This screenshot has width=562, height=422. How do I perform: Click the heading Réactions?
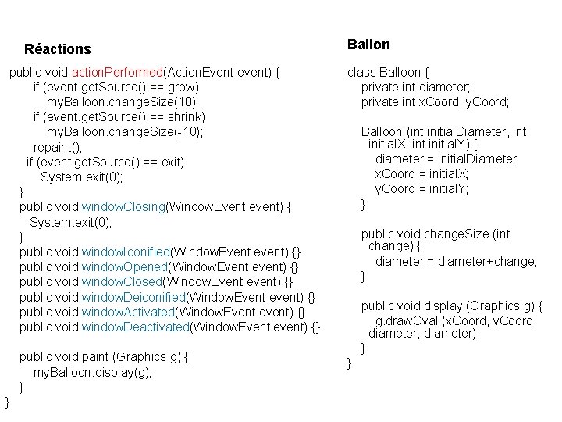tap(58, 49)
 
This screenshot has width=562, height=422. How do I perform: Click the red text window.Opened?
tap(125, 266)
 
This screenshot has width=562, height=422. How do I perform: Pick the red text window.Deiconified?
tap(133, 297)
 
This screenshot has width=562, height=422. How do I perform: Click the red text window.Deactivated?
tap(135, 327)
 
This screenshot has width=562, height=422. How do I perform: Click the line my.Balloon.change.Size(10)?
tap(123, 102)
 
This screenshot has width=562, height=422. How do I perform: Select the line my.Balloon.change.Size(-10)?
tap(125, 132)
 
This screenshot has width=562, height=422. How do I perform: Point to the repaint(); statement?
tap(58, 147)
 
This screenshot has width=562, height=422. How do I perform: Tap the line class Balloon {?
tap(389, 73)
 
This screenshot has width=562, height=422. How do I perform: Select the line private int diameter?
tap(415, 88)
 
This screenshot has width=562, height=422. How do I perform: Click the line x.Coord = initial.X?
tap(421, 174)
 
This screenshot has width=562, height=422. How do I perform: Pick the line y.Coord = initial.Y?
tap(421, 189)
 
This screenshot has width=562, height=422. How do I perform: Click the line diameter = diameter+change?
tap(456, 262)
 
